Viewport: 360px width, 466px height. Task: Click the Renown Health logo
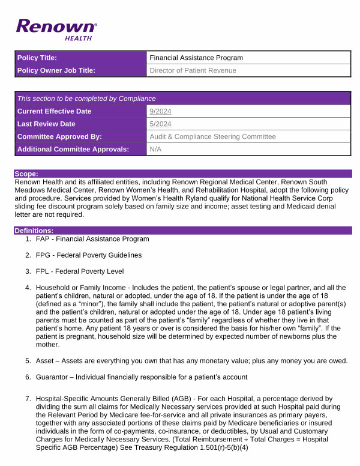pyautogui.click(x=56, y=29)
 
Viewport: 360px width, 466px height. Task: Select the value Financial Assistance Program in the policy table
pyautogui.click(x=196, y=58)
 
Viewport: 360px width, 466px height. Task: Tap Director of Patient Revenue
pyautogui.click(x=193, y=70)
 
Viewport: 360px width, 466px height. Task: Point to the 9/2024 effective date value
pyautogui.click(x=160, y=111)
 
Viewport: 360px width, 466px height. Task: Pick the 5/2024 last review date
pyautogui.click(x=160, y=124)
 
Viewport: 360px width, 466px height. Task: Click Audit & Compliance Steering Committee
pyautogui.click(x=212, y=136)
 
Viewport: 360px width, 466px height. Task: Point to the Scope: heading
pyautogui.click(x=26, y=173)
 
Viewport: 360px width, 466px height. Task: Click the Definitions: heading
pyautogui.click(x=34, y=230)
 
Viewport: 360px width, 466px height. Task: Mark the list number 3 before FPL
pyautogui.click(x=28, y=271)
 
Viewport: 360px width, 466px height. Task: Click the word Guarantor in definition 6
pyautogui.click(x=53, y=377)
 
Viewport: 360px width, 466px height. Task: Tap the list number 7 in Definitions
pyautogui.click(x=28, y=399)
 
